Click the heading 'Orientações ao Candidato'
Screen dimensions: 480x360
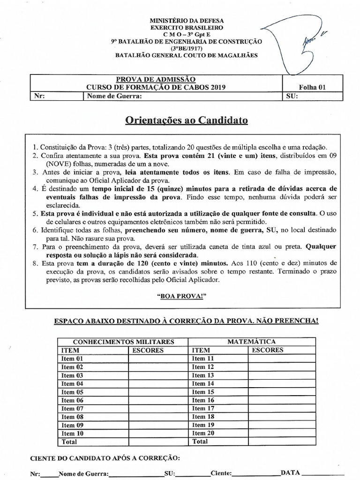coord(187,120)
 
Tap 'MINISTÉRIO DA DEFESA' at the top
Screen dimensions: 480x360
coord(187,21)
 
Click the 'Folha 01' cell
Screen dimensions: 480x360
coord(312,87)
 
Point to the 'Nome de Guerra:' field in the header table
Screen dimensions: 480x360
coord(113,97)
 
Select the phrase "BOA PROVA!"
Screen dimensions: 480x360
coord(187,297)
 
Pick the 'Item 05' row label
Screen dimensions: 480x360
coord(72,392)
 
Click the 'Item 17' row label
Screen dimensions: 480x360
coord(203,408)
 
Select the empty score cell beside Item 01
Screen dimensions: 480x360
coord(157,359)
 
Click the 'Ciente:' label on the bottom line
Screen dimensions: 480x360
coord(221,473)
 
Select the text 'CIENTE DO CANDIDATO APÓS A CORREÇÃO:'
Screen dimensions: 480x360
coord(104,457)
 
